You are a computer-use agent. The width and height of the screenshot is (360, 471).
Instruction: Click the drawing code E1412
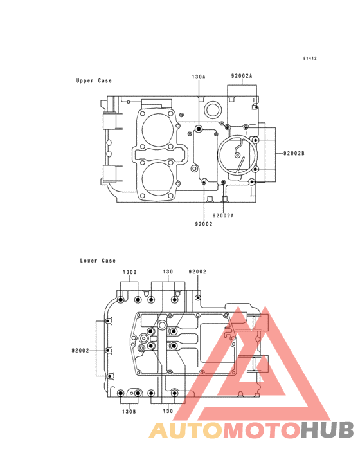[x=310, y=59]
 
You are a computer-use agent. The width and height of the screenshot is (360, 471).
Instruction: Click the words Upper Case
[x=94, y=81]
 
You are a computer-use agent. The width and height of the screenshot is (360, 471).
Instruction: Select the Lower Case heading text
[x=98, y=261]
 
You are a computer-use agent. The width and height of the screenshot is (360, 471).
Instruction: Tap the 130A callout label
[x=199, y=77]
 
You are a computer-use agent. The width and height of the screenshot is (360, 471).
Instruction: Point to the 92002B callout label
[x=294, y=154]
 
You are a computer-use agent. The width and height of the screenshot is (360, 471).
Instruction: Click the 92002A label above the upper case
[x=242, y=76]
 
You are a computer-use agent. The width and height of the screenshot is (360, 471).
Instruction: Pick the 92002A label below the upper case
[x=223, y=216]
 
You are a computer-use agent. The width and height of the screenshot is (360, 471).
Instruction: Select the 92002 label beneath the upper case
[x=204, y=224]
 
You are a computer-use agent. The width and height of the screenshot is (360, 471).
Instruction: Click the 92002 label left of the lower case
[x=80, y=351]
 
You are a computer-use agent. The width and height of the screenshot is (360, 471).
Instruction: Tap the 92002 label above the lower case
[x=197, y=272]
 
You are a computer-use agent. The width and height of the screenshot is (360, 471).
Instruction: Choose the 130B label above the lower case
[x=130, y=272]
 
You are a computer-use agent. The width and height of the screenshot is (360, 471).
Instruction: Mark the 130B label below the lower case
[x=129, y=412]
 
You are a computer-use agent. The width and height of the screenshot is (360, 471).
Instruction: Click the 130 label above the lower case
[x=168, y=272]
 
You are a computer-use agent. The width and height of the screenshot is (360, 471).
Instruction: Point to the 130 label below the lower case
[x=168, y=411]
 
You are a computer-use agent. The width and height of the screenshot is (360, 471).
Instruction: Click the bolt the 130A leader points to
[x=198, y=129]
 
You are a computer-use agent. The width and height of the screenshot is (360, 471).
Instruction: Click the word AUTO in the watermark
[x=186, y=430]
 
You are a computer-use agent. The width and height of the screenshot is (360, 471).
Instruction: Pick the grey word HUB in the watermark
[x=328, y=430]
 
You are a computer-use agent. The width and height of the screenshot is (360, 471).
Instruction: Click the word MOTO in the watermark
[x=262, y=430]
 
